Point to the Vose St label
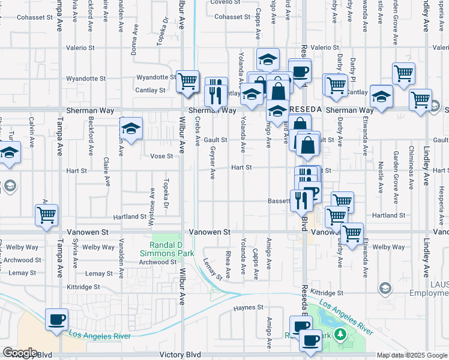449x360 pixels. [x=161, y=156]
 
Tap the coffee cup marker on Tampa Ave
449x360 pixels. [x=57, y=319]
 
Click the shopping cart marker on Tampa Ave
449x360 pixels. [x=47, y=214]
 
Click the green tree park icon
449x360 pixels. [x=340, y=334]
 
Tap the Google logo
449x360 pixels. [x=19, y=353]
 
